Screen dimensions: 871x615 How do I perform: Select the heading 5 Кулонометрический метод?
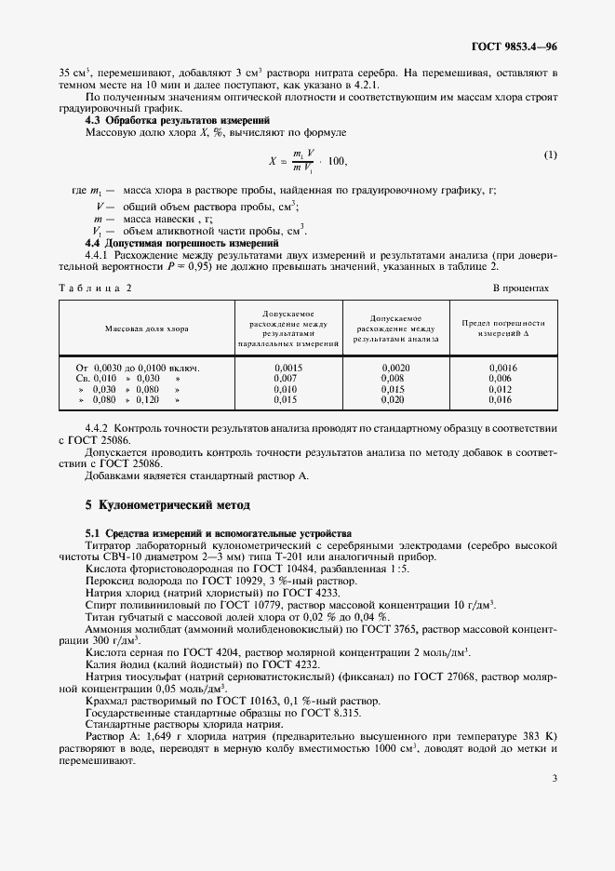tap(168, 505)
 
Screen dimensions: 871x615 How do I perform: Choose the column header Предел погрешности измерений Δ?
tap(503, 328)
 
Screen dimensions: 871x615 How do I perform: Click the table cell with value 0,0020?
tap(396, 368)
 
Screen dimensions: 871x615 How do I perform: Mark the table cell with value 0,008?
tap(396, 379)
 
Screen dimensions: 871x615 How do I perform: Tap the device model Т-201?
tap(309, 556)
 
